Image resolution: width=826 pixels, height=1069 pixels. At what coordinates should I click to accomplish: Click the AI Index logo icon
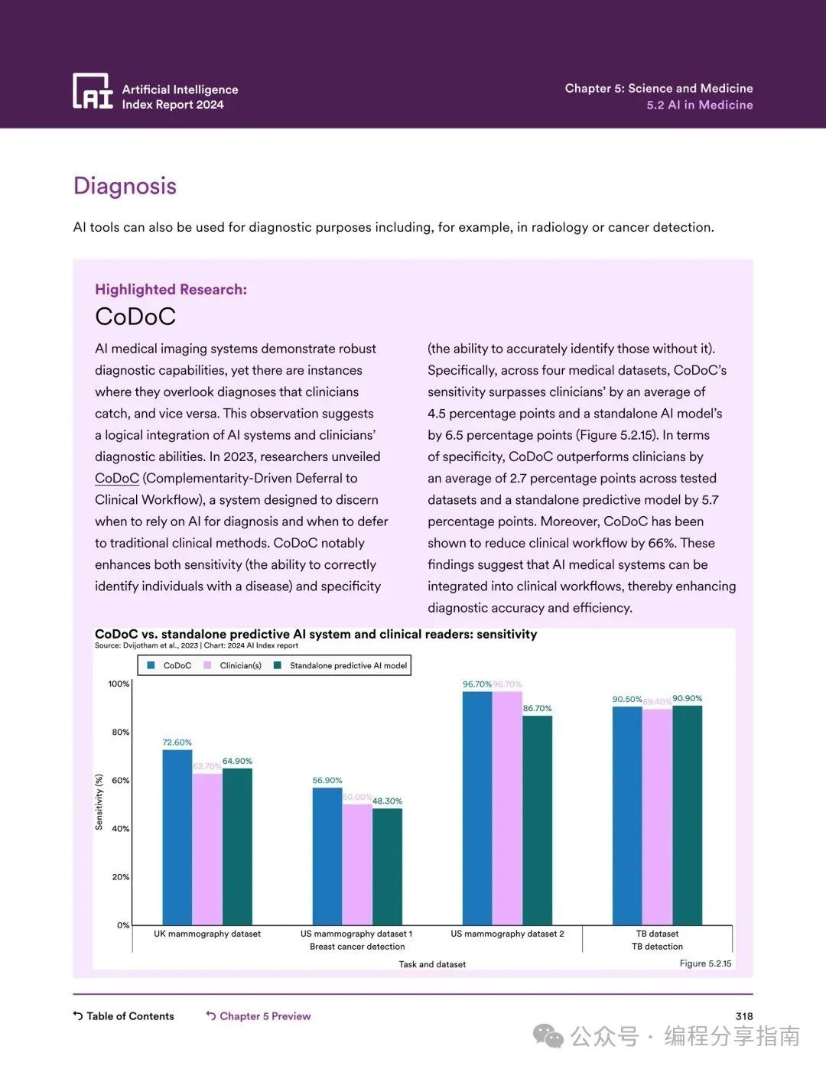coord(93,91)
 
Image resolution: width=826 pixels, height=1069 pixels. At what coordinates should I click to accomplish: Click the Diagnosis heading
coord(125,186)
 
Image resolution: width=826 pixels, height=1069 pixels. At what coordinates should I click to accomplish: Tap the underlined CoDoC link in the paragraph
coord(116,478)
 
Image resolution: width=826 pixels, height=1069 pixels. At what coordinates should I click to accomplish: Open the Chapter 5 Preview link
coord(265,1016)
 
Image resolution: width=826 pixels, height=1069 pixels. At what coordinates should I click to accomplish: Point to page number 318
coord(743,1016)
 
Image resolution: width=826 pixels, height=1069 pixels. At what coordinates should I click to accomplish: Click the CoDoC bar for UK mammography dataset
coord(177,837)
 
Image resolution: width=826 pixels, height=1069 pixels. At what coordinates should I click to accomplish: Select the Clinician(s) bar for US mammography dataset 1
coord(357,864)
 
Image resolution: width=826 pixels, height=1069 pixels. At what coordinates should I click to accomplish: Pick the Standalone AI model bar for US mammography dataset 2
coord(537,820)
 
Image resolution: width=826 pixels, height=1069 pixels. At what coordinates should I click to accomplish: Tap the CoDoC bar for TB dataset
coord(627,815)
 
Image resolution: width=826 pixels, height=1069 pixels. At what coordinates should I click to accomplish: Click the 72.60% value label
coord(177,742)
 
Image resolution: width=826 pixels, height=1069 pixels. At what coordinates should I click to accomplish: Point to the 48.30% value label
coord(387,801)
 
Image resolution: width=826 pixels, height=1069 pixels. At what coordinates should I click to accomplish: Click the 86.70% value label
coord(537,709)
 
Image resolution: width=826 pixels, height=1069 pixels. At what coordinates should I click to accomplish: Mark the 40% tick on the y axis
coord(121,829)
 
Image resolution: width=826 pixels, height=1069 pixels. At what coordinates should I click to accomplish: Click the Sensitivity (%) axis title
coord(99,802)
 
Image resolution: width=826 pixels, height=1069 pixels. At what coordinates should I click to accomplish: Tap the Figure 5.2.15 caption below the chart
coord(705,963)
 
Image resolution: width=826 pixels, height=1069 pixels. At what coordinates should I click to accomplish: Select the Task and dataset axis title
coord(432,964)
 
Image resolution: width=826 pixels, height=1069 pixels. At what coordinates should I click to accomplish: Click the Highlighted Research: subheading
coord(171,289)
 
